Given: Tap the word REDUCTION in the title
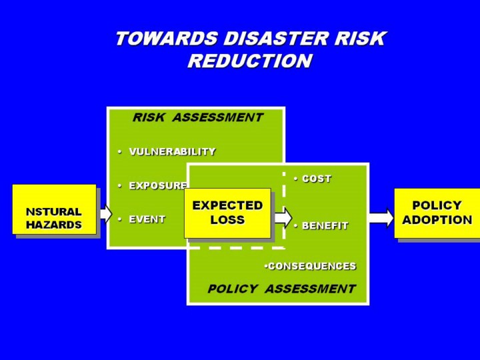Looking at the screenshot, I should (x=249, y=61).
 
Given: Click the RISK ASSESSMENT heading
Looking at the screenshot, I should (x=197, y=118).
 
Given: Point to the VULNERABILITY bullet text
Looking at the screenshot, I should (x=172, y=152).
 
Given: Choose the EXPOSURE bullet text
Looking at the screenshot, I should (x=157, y=186).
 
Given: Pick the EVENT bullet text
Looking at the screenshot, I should (x=147, y=219).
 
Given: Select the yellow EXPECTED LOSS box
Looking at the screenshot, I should (x=227, y=213).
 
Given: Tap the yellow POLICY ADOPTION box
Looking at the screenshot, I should (x=437, y=213).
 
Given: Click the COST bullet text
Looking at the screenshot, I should (x=316, y=179).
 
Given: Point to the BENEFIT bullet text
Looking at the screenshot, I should (x=325, y=226).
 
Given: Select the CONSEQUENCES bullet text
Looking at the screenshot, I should (x=311, y=266).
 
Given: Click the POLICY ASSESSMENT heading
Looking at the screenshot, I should (x=281, y=289).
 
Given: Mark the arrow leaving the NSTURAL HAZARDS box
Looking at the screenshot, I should (x=105, y=213).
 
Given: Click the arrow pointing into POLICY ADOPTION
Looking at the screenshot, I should (x=381, y=217).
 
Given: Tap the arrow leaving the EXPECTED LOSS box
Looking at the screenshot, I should (x=283, y=216).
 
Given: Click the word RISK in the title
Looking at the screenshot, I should (x=361, y=39).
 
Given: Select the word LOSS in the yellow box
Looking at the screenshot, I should (x=227, y=220).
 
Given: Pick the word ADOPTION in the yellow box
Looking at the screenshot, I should (x=437, y=220).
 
